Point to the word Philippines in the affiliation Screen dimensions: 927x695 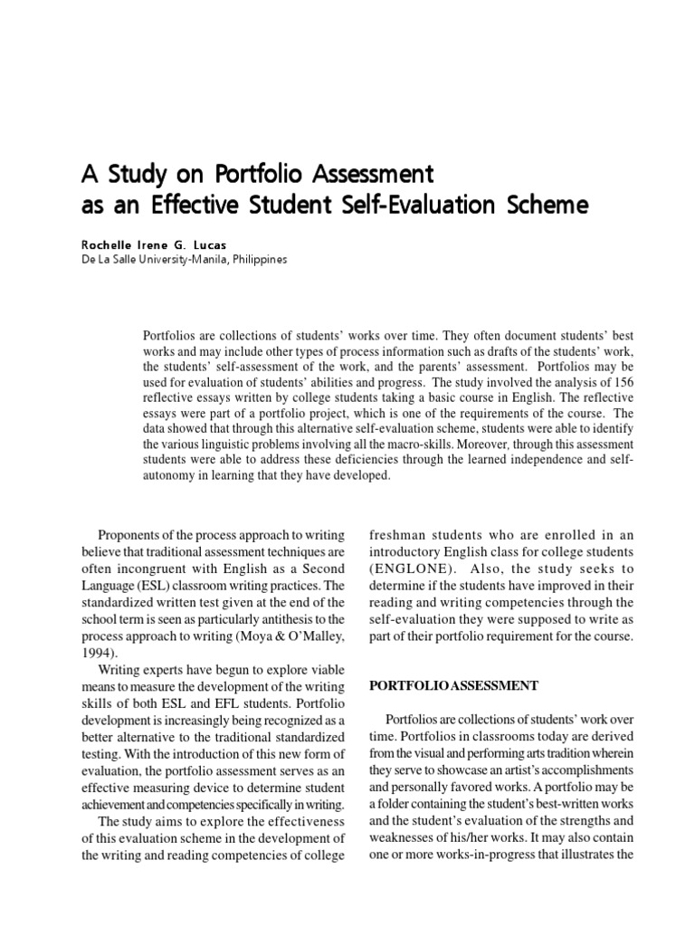pos(256,259)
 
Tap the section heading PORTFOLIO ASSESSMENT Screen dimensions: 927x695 pos(454,685)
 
